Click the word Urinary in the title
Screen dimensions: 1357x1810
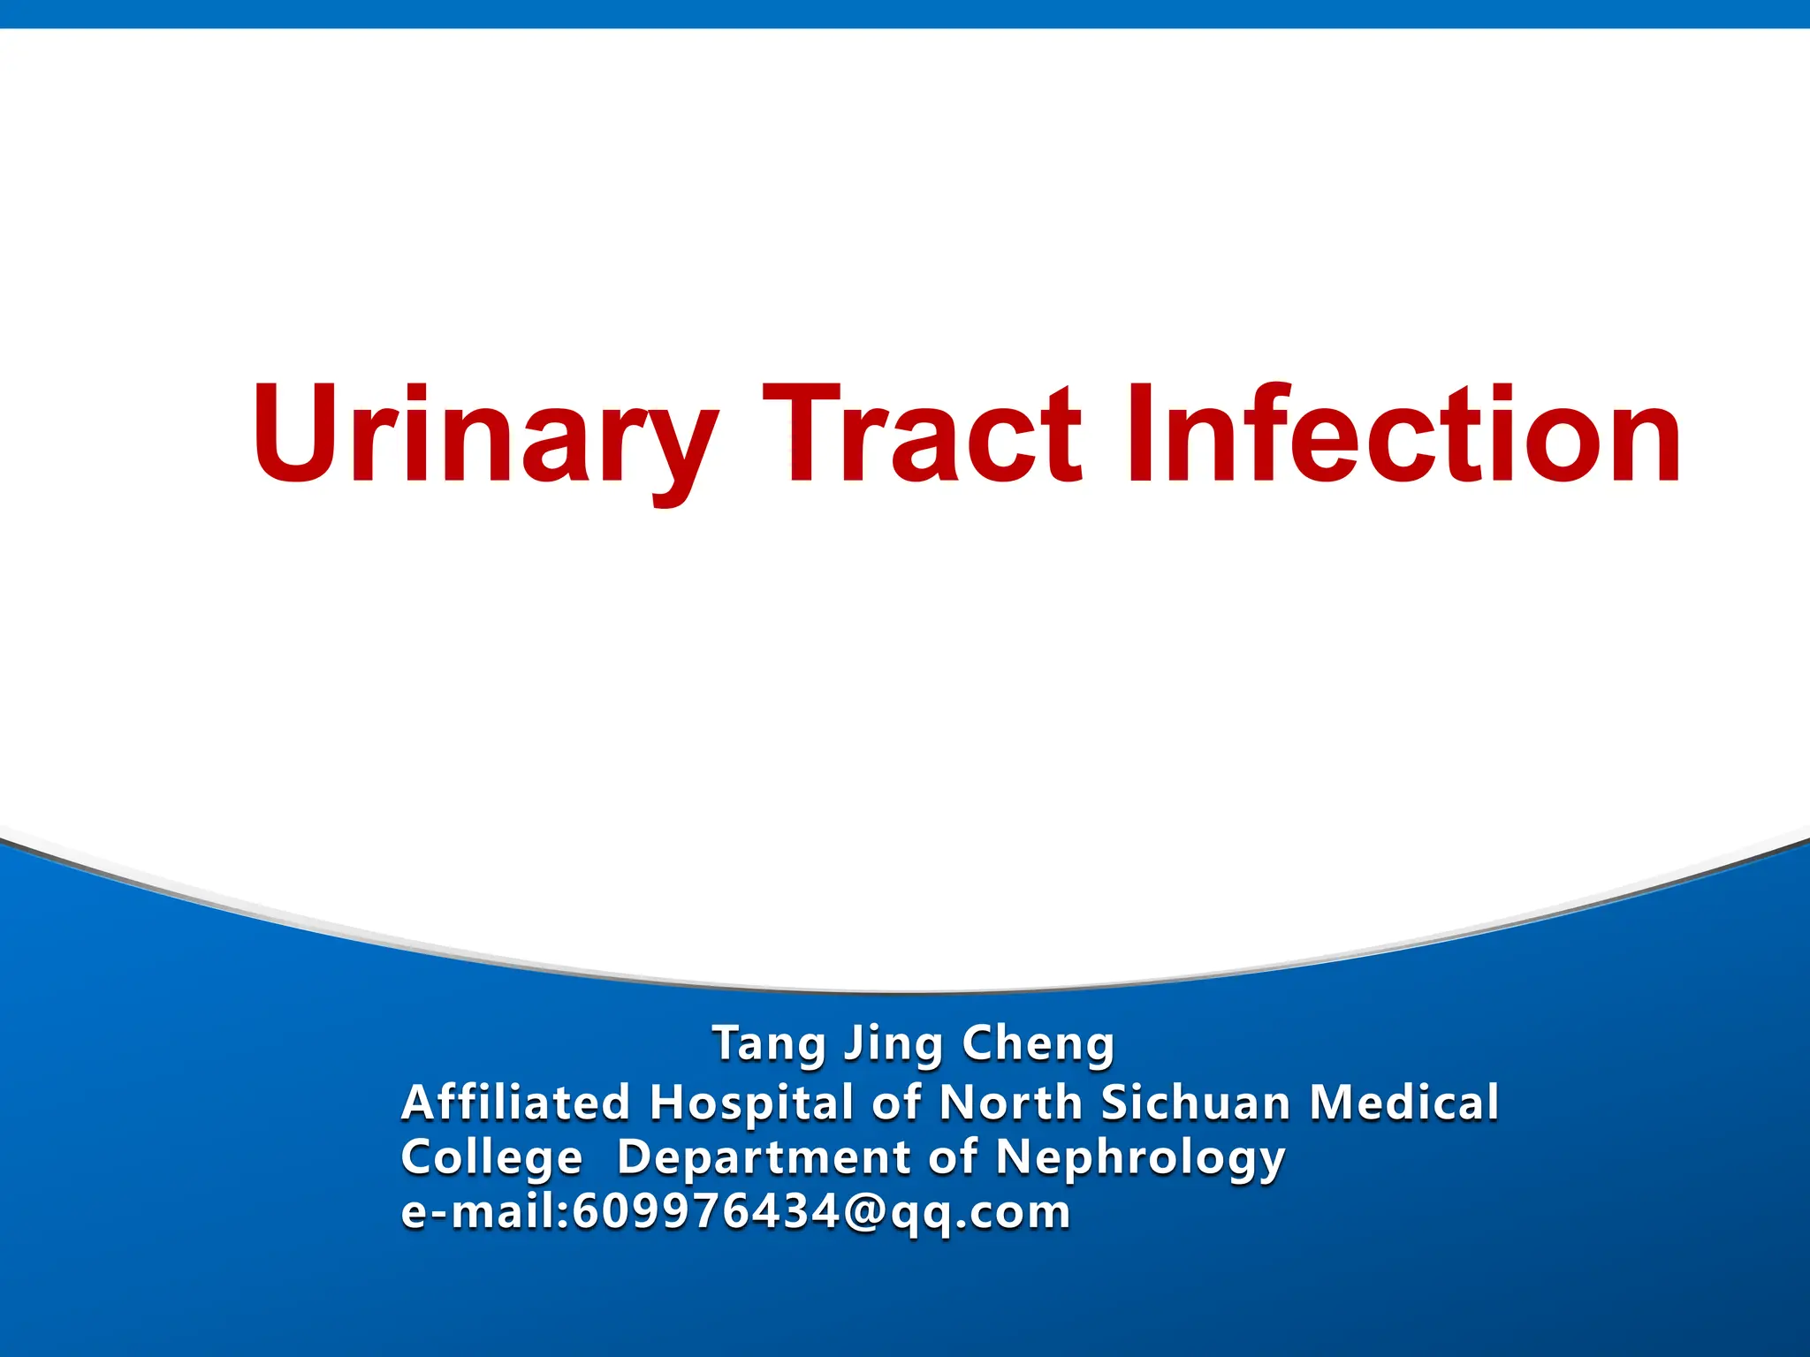click(x=484, y=435)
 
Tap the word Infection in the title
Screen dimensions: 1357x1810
click(x=1403, y=435)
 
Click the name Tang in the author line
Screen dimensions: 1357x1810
click(x=767, y=1044)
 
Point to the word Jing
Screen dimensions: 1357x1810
click(x=893, y=1044)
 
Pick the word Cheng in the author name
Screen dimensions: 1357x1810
click(x=1038, y=1044)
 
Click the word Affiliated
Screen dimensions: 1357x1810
click(x=516, y=1103)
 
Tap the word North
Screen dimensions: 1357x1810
click(x=1010, y=1103)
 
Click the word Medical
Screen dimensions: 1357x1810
click(x=1404, y=1103)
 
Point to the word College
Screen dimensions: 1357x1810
click(x=492, y=1157)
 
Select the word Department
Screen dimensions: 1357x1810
click(x=764, y=1157)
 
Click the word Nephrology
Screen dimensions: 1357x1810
click(x=1140, y=1157)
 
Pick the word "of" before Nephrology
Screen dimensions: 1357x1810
click(x=953, y=1157)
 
